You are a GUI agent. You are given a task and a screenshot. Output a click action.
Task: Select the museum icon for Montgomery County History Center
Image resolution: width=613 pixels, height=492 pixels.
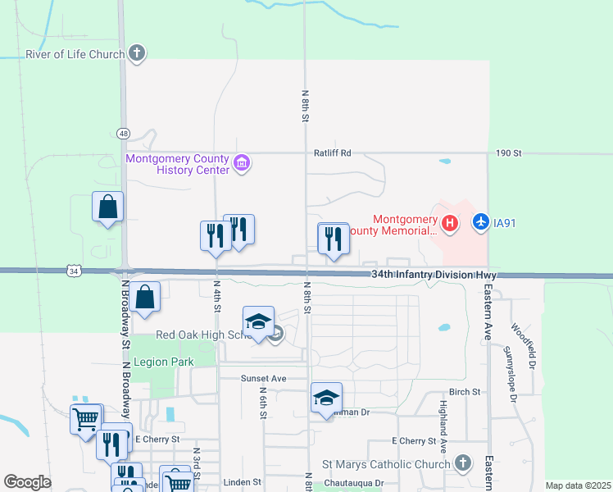242,163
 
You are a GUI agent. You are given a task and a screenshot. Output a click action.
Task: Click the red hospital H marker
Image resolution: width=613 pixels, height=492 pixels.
449,223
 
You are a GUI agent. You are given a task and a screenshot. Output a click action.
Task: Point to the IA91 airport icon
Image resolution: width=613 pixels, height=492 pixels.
481,222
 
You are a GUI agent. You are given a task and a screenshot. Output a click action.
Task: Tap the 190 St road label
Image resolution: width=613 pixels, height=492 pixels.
508,153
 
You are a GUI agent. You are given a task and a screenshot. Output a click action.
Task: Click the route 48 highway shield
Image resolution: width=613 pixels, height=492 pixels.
123,133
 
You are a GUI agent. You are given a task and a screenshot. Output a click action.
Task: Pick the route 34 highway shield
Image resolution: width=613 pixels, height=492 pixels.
73,271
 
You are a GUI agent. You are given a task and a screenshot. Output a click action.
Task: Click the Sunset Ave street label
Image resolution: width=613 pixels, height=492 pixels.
263,379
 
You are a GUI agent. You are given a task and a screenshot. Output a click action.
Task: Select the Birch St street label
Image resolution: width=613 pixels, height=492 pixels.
465,392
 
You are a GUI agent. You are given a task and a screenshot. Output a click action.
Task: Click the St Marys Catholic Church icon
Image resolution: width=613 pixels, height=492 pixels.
463,464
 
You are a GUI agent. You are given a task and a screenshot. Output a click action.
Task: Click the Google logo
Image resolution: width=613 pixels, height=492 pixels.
27,482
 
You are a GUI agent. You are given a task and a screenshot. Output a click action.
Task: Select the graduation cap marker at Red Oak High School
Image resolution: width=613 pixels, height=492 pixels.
258,321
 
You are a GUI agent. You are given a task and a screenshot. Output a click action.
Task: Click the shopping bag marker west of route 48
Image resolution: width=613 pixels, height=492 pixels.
107,208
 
